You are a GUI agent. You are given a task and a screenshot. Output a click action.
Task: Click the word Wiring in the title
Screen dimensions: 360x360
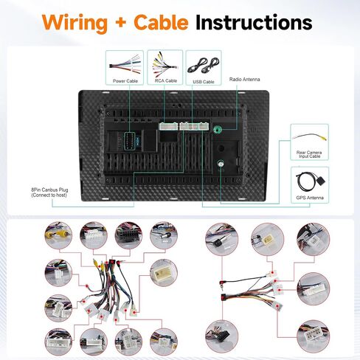pyautogui.click(x=75, y=23)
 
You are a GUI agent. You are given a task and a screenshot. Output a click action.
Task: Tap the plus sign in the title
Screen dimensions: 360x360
pyautogui.click(x=120, y=23)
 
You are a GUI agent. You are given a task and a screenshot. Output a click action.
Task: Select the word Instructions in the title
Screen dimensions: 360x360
pyautogui.click(x=254, y=22)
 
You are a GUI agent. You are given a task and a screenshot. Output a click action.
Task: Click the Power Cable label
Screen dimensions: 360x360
pyautogui.click(x=125, y=81)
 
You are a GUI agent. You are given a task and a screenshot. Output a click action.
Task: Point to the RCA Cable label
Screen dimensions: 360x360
pyautogui.click(x=166, y=80)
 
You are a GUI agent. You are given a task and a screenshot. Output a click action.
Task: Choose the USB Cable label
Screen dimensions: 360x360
pyautogui.click(x=204, y=82)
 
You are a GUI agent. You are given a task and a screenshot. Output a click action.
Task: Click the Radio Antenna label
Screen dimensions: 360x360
pyautogui.click(x=244, y=79)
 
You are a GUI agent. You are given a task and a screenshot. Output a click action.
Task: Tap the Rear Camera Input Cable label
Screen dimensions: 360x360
pyautogui.click(x=309, y=154)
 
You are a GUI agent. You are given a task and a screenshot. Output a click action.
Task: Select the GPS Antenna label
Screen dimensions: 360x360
pyautogui.click(x=310, y=198)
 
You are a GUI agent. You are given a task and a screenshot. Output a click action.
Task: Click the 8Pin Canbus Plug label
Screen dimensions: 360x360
pyautogui.click(x=49, y=193)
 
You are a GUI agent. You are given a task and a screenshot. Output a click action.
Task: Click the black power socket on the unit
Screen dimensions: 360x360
pyautogui.click(x=129, y=141)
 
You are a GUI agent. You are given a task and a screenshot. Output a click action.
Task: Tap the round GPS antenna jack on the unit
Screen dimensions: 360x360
pyautogui.click(x=221, y=163)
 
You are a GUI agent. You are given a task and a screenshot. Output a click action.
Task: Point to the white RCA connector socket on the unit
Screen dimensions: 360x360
pyautogui.click(x=168, y=126)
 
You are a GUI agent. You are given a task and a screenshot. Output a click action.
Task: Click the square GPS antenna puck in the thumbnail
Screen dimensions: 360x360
pyautogui.click(x=320, y=182)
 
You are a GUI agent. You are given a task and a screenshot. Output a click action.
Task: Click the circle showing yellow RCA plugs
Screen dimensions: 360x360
pyautogui.click(x=58, y=235)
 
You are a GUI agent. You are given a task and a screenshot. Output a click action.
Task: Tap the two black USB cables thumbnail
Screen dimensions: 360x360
pyautogui.click(x=204, y=66)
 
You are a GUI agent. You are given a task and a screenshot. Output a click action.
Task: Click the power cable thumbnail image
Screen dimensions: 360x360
pyautogui.click(x=125, y=65)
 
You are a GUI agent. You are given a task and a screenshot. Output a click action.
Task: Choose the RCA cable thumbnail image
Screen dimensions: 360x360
pyautogui.click(x=165, y=64)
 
